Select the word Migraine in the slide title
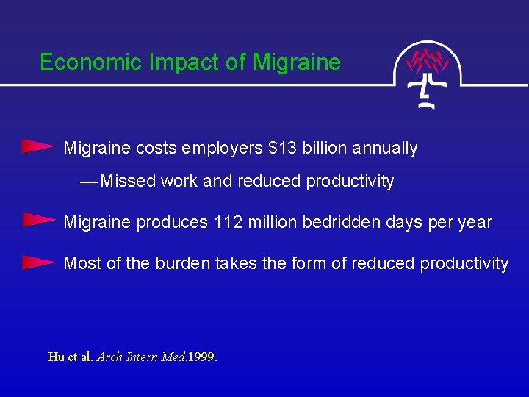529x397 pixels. [296, 63]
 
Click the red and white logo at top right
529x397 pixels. [428, 74]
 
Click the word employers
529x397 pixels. [222, 149]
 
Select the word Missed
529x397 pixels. [127, 181]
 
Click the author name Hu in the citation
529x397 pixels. [56, 357]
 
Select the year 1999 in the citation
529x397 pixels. [201, 357]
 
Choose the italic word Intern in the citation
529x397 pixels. [142, 357]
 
